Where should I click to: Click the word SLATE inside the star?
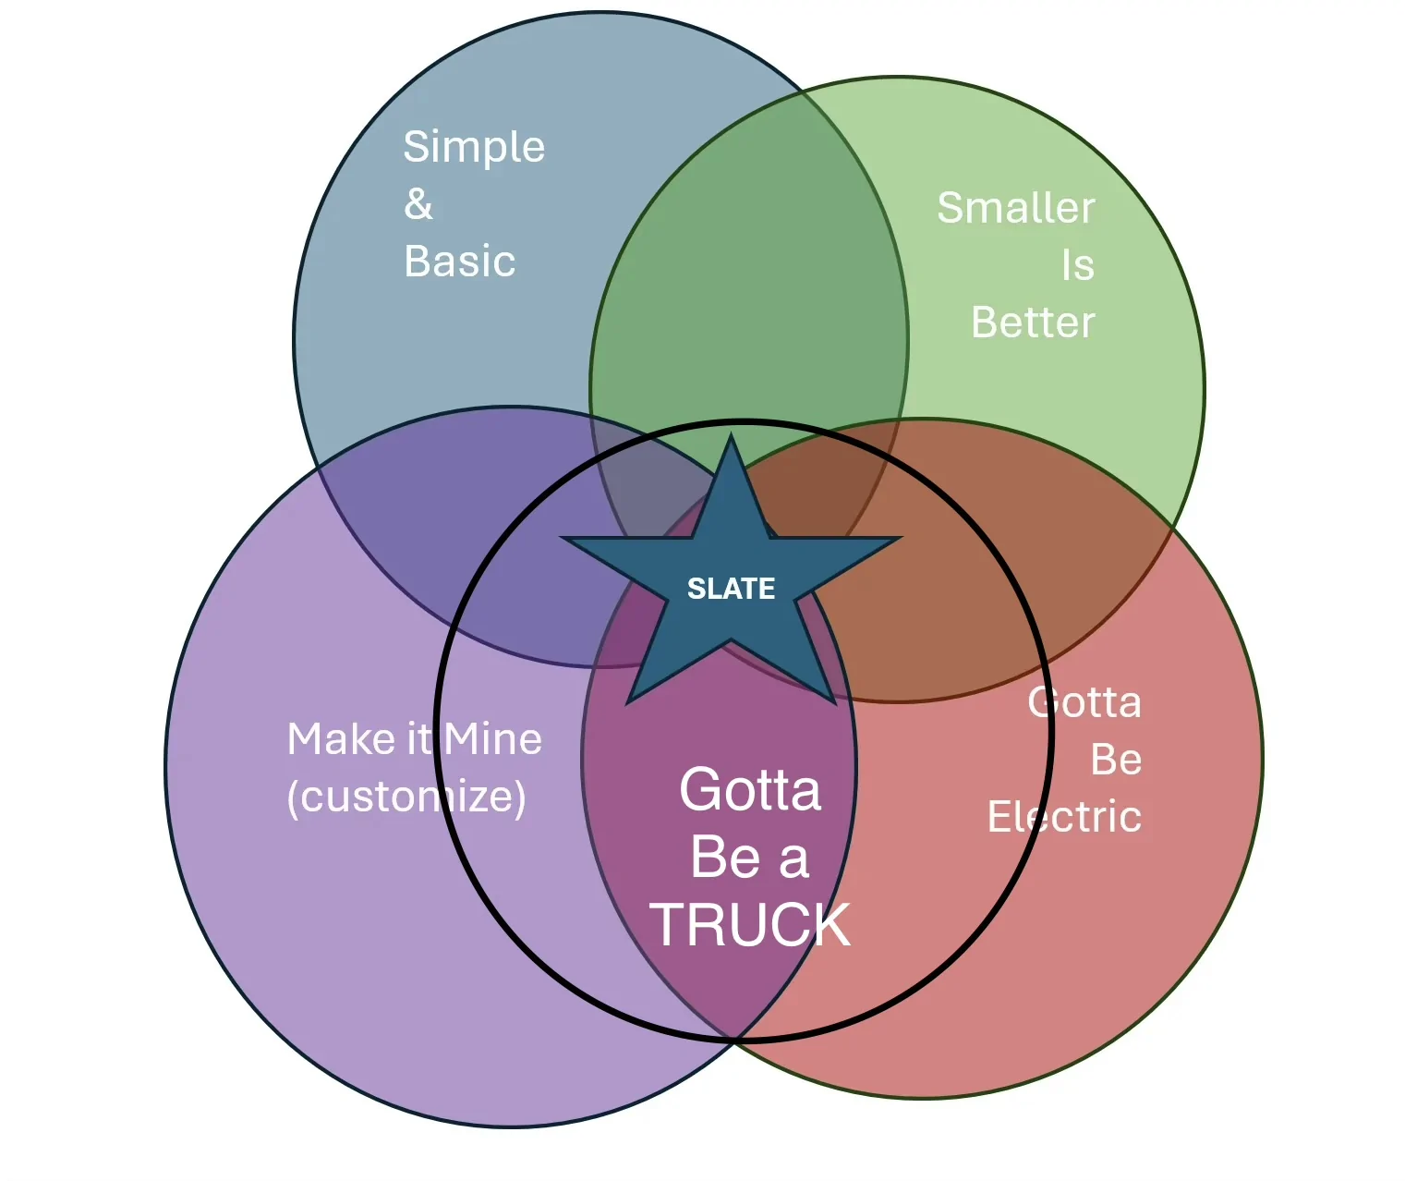(x=731, y=589)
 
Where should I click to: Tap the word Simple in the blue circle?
(x=474, y=148)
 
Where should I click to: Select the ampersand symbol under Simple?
(x=418, y=204)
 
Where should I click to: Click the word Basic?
(x=459, y=262)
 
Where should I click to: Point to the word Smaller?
(x=1015, y=208)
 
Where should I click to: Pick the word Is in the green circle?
(x=1077, y=266)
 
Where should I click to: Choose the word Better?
(x=1033, y=323)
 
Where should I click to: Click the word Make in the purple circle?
(x=331, y=739)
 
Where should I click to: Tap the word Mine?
(x=492, y=739)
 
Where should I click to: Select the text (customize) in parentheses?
(x=406, y=797)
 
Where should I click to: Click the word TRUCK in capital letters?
(x=749, y=924)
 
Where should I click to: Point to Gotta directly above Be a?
(x=749, y=790)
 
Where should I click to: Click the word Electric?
(x=1064, y=817)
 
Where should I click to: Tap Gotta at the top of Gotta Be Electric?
(x=1084, y=703)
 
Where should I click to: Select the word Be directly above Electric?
(x=1116, y=761)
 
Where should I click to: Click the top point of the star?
(x=731, y=438)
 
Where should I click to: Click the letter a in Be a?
(x=793, y=858)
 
